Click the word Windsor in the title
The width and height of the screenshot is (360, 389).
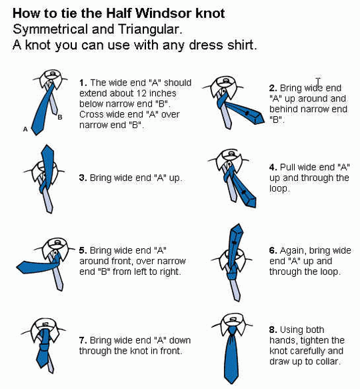164,13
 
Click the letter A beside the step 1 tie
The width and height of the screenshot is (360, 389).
25,129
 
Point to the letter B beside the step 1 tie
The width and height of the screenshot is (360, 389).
60,117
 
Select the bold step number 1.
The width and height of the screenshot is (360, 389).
83,83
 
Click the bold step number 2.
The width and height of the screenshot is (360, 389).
273,88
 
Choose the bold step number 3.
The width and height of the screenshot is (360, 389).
83,178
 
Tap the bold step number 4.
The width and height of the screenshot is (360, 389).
273,167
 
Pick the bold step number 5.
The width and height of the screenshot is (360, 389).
83,250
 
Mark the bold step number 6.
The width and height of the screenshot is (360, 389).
273,251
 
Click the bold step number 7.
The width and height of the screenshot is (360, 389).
83,340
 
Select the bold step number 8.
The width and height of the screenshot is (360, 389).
273,330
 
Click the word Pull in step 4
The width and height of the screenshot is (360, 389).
287,167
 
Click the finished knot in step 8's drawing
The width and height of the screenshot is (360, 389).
232,332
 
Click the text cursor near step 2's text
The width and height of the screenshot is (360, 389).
318,82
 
